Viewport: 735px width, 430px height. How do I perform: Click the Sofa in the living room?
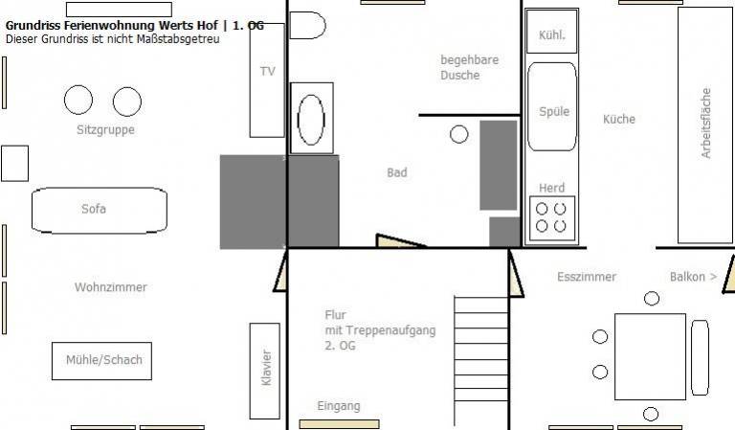[x=100, y=210]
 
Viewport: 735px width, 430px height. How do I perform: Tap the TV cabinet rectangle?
[x=267, y=80]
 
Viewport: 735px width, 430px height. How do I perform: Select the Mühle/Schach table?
[x=101, y=361]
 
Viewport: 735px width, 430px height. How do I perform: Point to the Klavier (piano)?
[x=265, y=371]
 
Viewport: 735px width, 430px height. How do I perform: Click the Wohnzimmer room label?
[x=111, y=287]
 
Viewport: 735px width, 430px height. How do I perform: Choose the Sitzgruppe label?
[x=105, y=130]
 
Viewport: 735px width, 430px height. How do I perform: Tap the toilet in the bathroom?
[x=307, y=25]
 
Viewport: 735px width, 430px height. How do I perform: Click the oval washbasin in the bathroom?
[x=311, y=119]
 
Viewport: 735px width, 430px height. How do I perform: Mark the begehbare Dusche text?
[x=469, y=68]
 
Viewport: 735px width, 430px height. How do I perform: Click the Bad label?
[x=397, y=172]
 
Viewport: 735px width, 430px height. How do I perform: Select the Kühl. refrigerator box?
[x=551, y=31]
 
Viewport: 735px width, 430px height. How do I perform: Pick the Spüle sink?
[x=552, y=106]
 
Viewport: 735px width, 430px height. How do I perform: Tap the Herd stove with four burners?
[x=551, y=218]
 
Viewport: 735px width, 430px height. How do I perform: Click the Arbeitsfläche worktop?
[x=705, y=125]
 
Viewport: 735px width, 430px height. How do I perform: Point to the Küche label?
[x=619, y=119]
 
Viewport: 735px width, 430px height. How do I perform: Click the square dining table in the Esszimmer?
[x=650, y=356]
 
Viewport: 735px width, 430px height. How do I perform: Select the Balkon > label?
[x=693, y=277]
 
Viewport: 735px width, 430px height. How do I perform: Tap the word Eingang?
[x=339, y=406]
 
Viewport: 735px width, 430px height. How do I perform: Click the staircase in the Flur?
[x=481, y=360]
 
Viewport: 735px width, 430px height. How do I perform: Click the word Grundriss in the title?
[x=33, y=26]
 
